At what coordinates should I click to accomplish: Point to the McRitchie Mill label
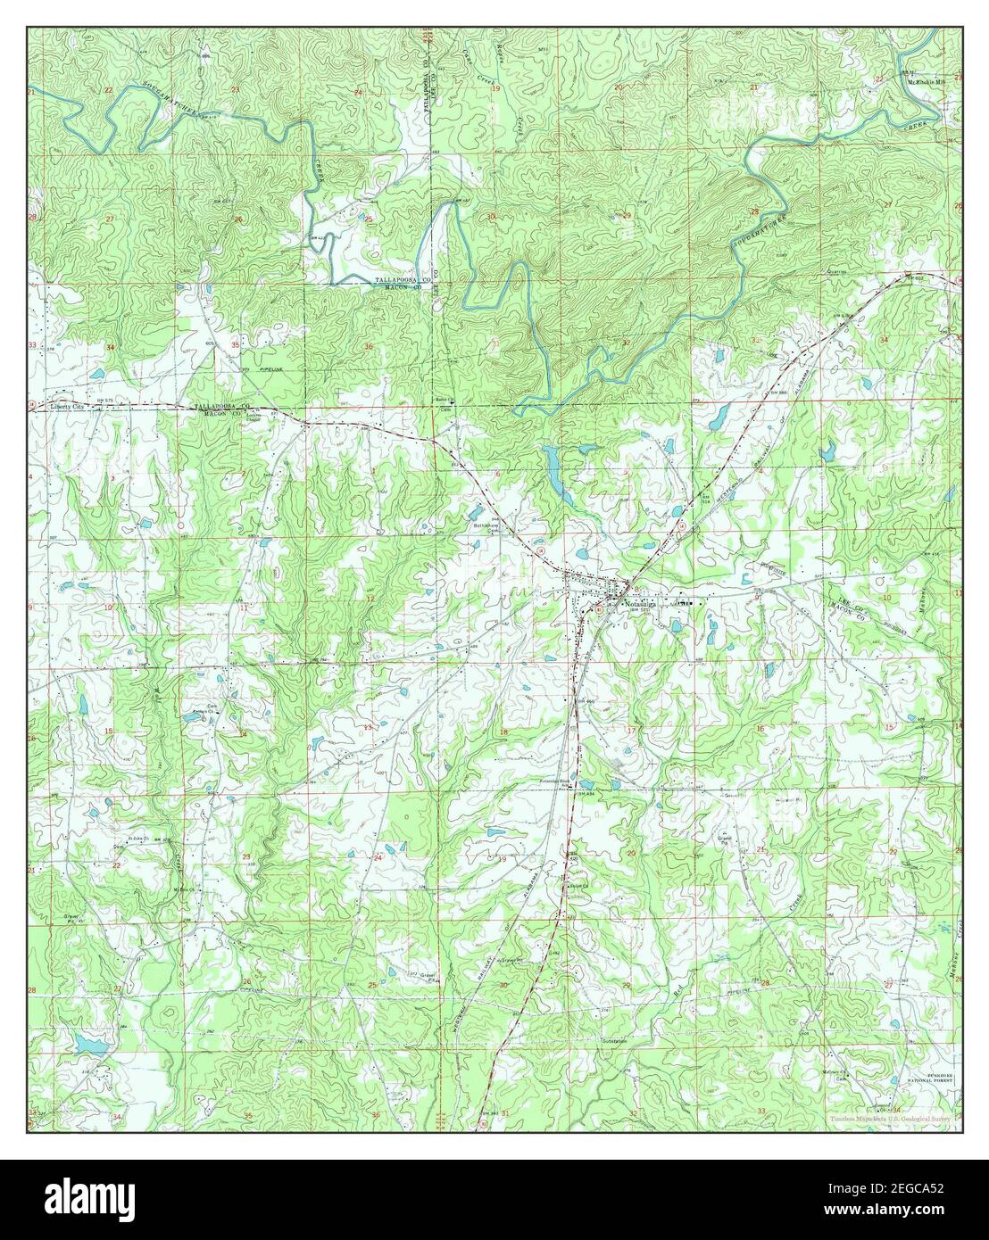coord(922,83)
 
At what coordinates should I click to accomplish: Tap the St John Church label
coord(137,839)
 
